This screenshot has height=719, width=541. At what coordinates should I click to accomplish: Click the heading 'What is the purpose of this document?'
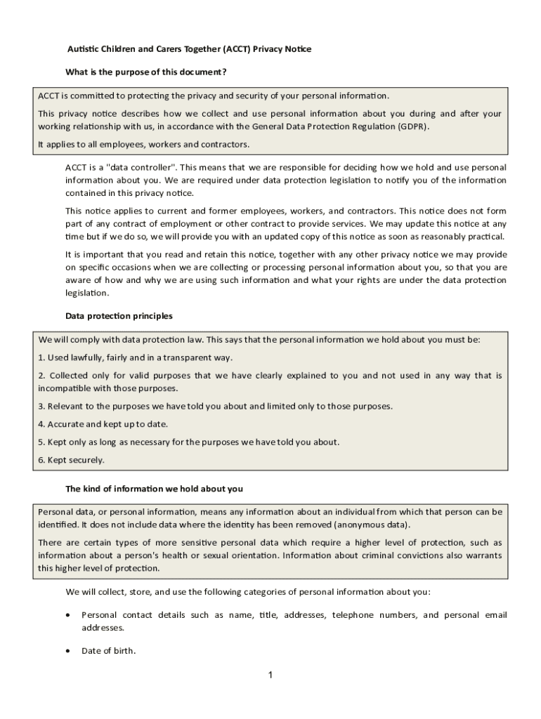145,72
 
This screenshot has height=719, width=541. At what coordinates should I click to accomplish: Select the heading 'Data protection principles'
119,316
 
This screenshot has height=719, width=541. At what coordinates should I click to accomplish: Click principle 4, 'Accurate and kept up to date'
103,424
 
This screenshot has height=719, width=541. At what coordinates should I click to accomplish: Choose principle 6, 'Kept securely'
71,460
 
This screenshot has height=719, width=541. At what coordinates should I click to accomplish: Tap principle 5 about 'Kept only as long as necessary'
189,442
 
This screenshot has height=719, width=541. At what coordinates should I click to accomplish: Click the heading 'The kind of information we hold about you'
154,489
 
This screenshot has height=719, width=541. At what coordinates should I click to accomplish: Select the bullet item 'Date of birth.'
108,651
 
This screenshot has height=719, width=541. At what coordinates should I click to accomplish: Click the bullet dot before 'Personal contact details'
67,615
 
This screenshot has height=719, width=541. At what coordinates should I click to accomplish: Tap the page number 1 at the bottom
270,675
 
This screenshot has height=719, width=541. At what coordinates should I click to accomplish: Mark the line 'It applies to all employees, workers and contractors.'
143,145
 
